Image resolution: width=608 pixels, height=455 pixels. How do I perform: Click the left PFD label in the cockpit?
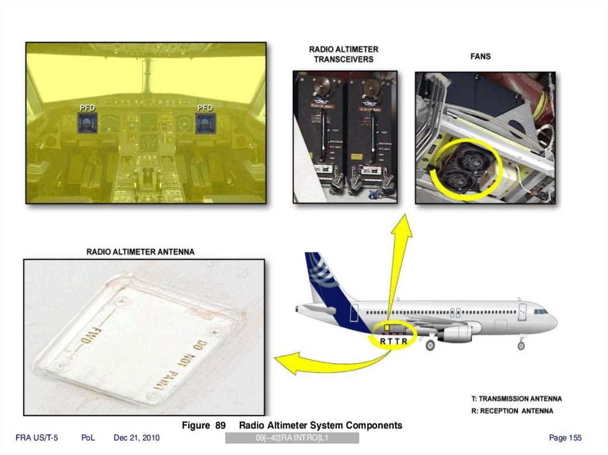click(87, 107)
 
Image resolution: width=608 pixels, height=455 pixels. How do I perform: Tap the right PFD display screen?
click(205, 123)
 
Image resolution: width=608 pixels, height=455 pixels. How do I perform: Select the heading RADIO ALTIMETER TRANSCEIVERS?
click(344, 55)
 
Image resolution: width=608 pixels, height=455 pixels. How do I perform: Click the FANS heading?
click(480, 56)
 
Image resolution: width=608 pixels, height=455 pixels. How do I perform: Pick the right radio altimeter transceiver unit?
click(370, 136)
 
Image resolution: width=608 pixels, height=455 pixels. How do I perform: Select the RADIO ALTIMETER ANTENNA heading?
click(140, 252)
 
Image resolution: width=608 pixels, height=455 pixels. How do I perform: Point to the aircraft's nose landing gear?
click(521, 343)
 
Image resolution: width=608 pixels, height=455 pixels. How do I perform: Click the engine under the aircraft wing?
click(455, 333)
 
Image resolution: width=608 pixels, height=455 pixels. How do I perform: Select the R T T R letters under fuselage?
click(394, 341)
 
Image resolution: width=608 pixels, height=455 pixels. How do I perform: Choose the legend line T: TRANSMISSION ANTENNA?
click(516, 399)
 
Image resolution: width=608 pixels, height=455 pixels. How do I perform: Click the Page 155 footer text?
click(565, 438)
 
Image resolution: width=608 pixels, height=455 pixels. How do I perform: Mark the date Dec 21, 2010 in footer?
click(137, 438)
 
